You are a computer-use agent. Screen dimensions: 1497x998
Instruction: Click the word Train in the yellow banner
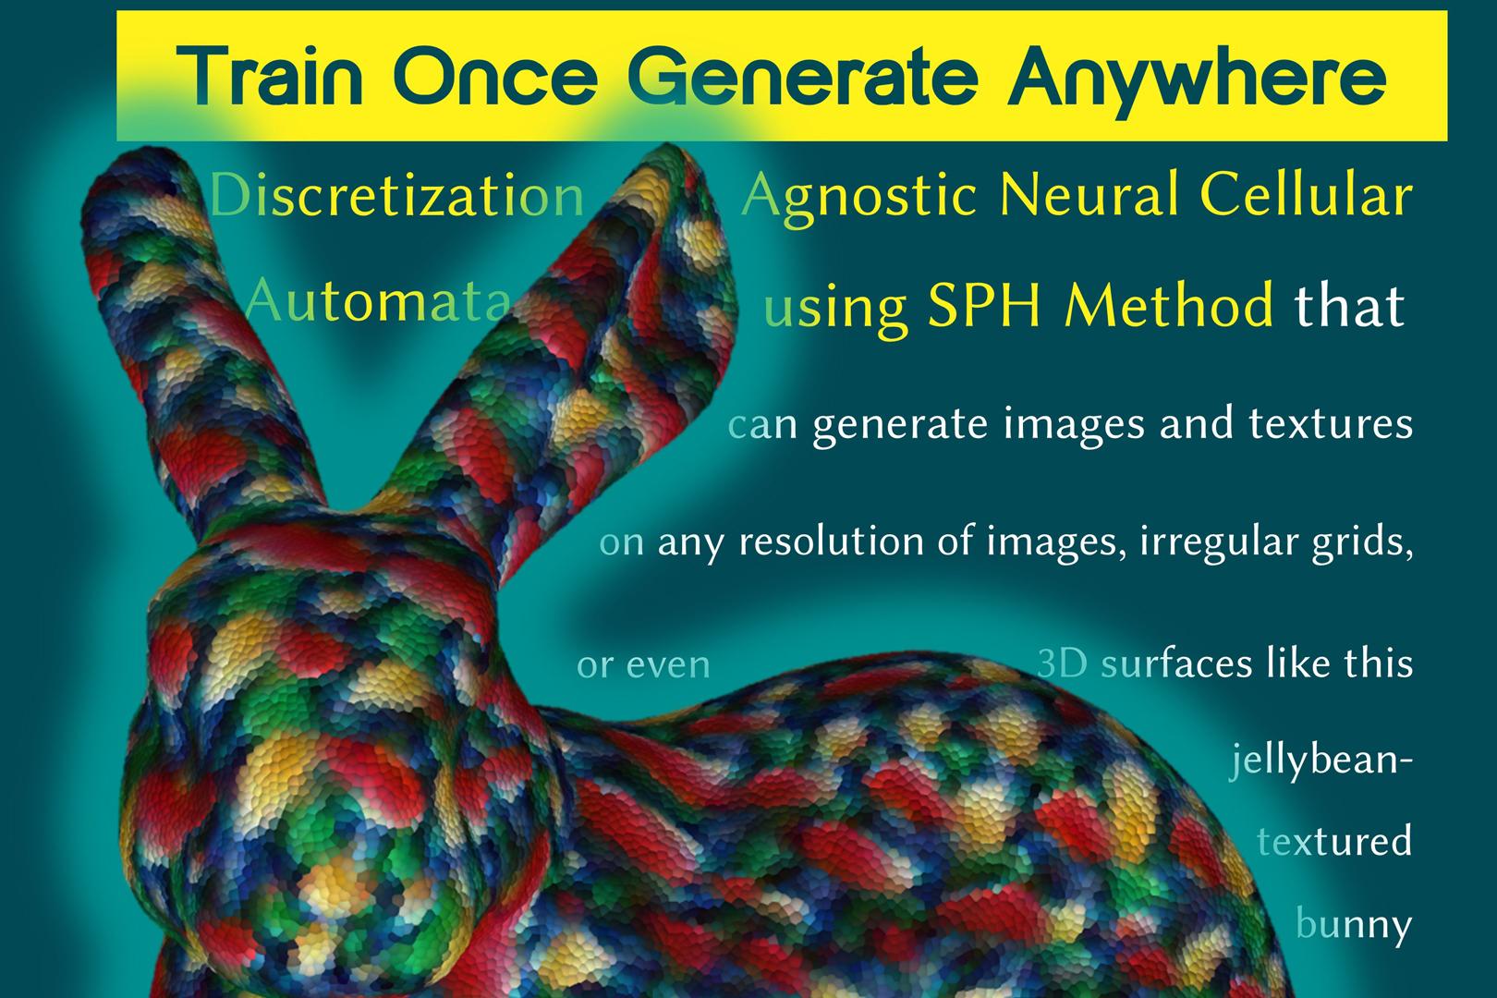click(270, 76)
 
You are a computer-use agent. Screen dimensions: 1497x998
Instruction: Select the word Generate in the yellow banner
click(803, 77)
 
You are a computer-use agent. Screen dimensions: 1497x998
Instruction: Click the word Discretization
click(397, 195)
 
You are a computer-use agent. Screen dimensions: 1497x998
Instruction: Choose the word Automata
click(378, 300)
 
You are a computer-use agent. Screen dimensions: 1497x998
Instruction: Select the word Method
click(1169, 305)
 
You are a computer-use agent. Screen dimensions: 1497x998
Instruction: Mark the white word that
click(1349, 305)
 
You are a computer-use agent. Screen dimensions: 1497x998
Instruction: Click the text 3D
click(1062, 663)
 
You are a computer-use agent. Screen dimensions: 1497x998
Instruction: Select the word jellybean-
click(1321, 761)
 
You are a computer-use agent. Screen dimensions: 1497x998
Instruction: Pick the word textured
click(1334, 840)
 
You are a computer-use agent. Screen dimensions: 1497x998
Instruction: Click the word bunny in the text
click(1354, 925)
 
